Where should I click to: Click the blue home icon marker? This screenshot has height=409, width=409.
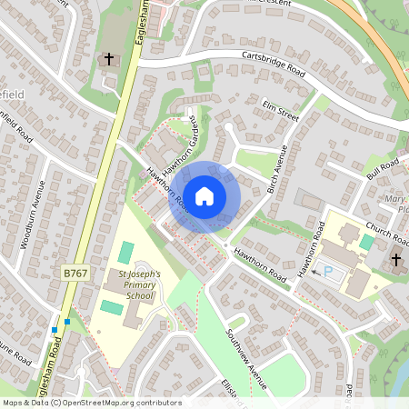pos(204,195)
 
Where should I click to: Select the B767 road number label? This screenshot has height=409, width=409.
pos(75,272)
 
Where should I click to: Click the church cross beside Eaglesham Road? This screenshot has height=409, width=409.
pos(109,60)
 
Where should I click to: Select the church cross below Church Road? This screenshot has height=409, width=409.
pos(395,260)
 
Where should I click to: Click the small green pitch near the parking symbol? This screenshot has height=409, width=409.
pos(365,243)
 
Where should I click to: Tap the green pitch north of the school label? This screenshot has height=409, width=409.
pos(126,251)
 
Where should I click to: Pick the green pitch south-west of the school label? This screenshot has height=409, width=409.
pos(111,307)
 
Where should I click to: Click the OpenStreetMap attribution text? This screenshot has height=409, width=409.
pos(91,403)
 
